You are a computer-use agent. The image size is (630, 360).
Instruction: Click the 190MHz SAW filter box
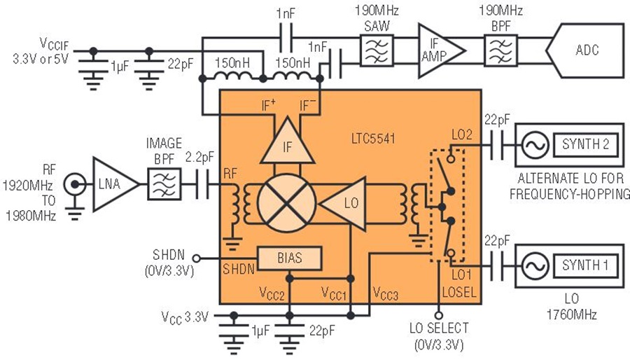(376, 50)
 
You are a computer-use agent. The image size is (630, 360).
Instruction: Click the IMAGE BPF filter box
(163, 186)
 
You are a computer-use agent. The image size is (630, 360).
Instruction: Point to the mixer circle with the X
(282, 204)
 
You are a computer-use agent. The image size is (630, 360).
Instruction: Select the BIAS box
(290, 258)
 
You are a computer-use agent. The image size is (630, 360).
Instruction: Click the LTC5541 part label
(374, 139)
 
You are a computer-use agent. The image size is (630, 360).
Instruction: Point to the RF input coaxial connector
(71, 186)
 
